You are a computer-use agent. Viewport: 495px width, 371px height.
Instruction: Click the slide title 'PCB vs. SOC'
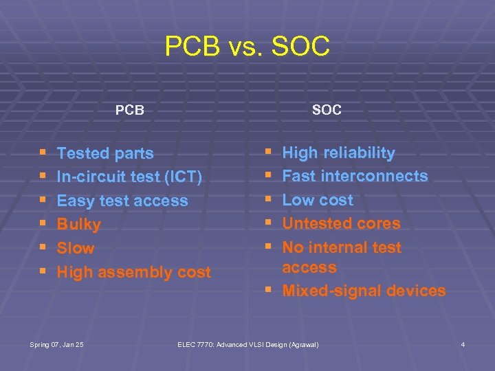[x=247, y=47]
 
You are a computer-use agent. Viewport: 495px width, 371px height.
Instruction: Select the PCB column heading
[x=129, y=110]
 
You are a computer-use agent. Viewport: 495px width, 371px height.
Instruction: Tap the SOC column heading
[x=327, y=110]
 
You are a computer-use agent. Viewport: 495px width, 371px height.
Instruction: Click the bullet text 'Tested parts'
[x=105, y=153]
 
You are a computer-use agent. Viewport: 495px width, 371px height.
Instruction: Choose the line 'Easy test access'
[x=122, y=201]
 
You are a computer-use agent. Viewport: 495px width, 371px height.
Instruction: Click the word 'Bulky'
[x=79, y=225]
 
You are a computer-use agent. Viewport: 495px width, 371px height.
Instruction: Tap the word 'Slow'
[x=76, y=248]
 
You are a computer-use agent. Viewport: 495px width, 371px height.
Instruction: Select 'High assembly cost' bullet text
[x=134, y=272]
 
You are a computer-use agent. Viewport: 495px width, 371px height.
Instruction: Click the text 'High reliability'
[x=338, y=153]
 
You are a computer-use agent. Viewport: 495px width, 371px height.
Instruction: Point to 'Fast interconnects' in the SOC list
[x=355, y=176]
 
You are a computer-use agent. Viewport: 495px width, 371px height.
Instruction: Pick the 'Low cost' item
[x=318, y=200]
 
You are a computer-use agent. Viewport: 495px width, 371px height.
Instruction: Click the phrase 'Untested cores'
[x=341, y=223]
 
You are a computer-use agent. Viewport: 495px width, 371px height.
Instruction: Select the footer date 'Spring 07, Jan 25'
[x=58, y=344]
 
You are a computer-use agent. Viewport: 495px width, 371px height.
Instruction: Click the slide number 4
[x=463, y=344]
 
